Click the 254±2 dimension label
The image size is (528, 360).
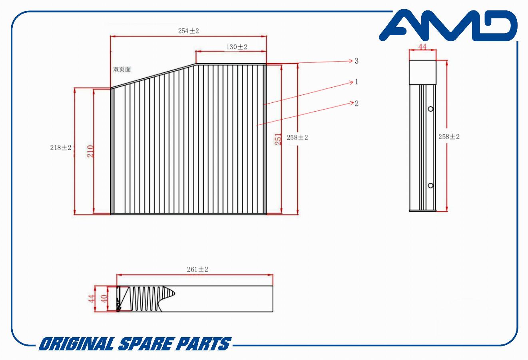pos(188,31)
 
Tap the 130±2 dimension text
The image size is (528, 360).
pos(237,47)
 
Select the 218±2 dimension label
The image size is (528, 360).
pos(61,148)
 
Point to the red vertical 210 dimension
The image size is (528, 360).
pos(90,151)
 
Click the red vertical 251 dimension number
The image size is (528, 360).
pos(278,139)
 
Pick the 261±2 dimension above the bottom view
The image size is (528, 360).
pos(197,270)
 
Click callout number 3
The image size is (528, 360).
pos(357,61)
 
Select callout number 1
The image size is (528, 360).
pos(357,82)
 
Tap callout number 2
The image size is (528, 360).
pos(357,103)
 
